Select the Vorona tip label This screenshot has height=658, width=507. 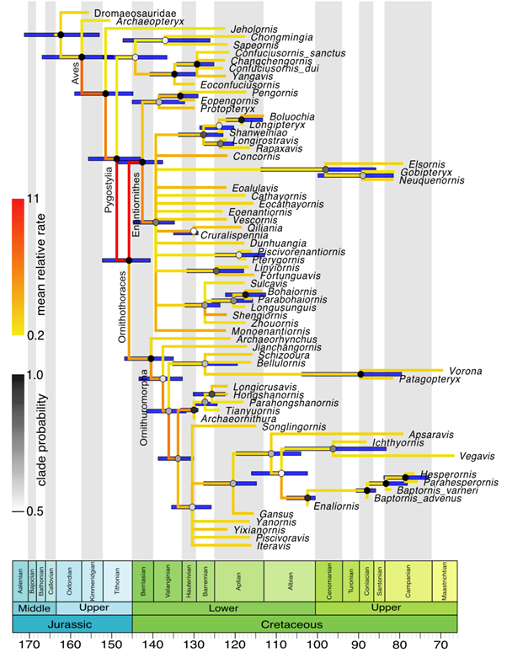coord(463,370)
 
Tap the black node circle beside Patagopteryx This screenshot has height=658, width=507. coord(360,373)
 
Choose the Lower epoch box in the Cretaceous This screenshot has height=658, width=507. coord(222,607)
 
